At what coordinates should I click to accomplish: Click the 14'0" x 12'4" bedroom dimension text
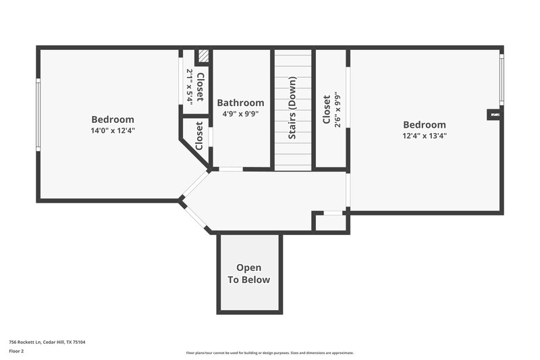coord(113,130)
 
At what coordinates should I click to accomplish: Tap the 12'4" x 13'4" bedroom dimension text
coord(425,135)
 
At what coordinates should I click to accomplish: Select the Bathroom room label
coord(240,103)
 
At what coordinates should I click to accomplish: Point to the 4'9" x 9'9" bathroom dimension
coord(240,114)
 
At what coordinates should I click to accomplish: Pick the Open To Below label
coord(248,274)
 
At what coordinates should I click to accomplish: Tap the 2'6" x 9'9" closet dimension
coord(337,110)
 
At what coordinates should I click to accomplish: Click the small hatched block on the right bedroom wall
coord(495,115)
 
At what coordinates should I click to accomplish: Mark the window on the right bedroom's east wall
coord(502,80)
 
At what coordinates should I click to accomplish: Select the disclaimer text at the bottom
coord(269,353)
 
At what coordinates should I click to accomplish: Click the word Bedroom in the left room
coord(113,120)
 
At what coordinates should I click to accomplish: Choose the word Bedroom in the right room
coord(425,124)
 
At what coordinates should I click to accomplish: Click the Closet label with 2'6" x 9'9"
coord(327,110)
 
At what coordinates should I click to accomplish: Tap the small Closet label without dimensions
coord(199,136)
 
